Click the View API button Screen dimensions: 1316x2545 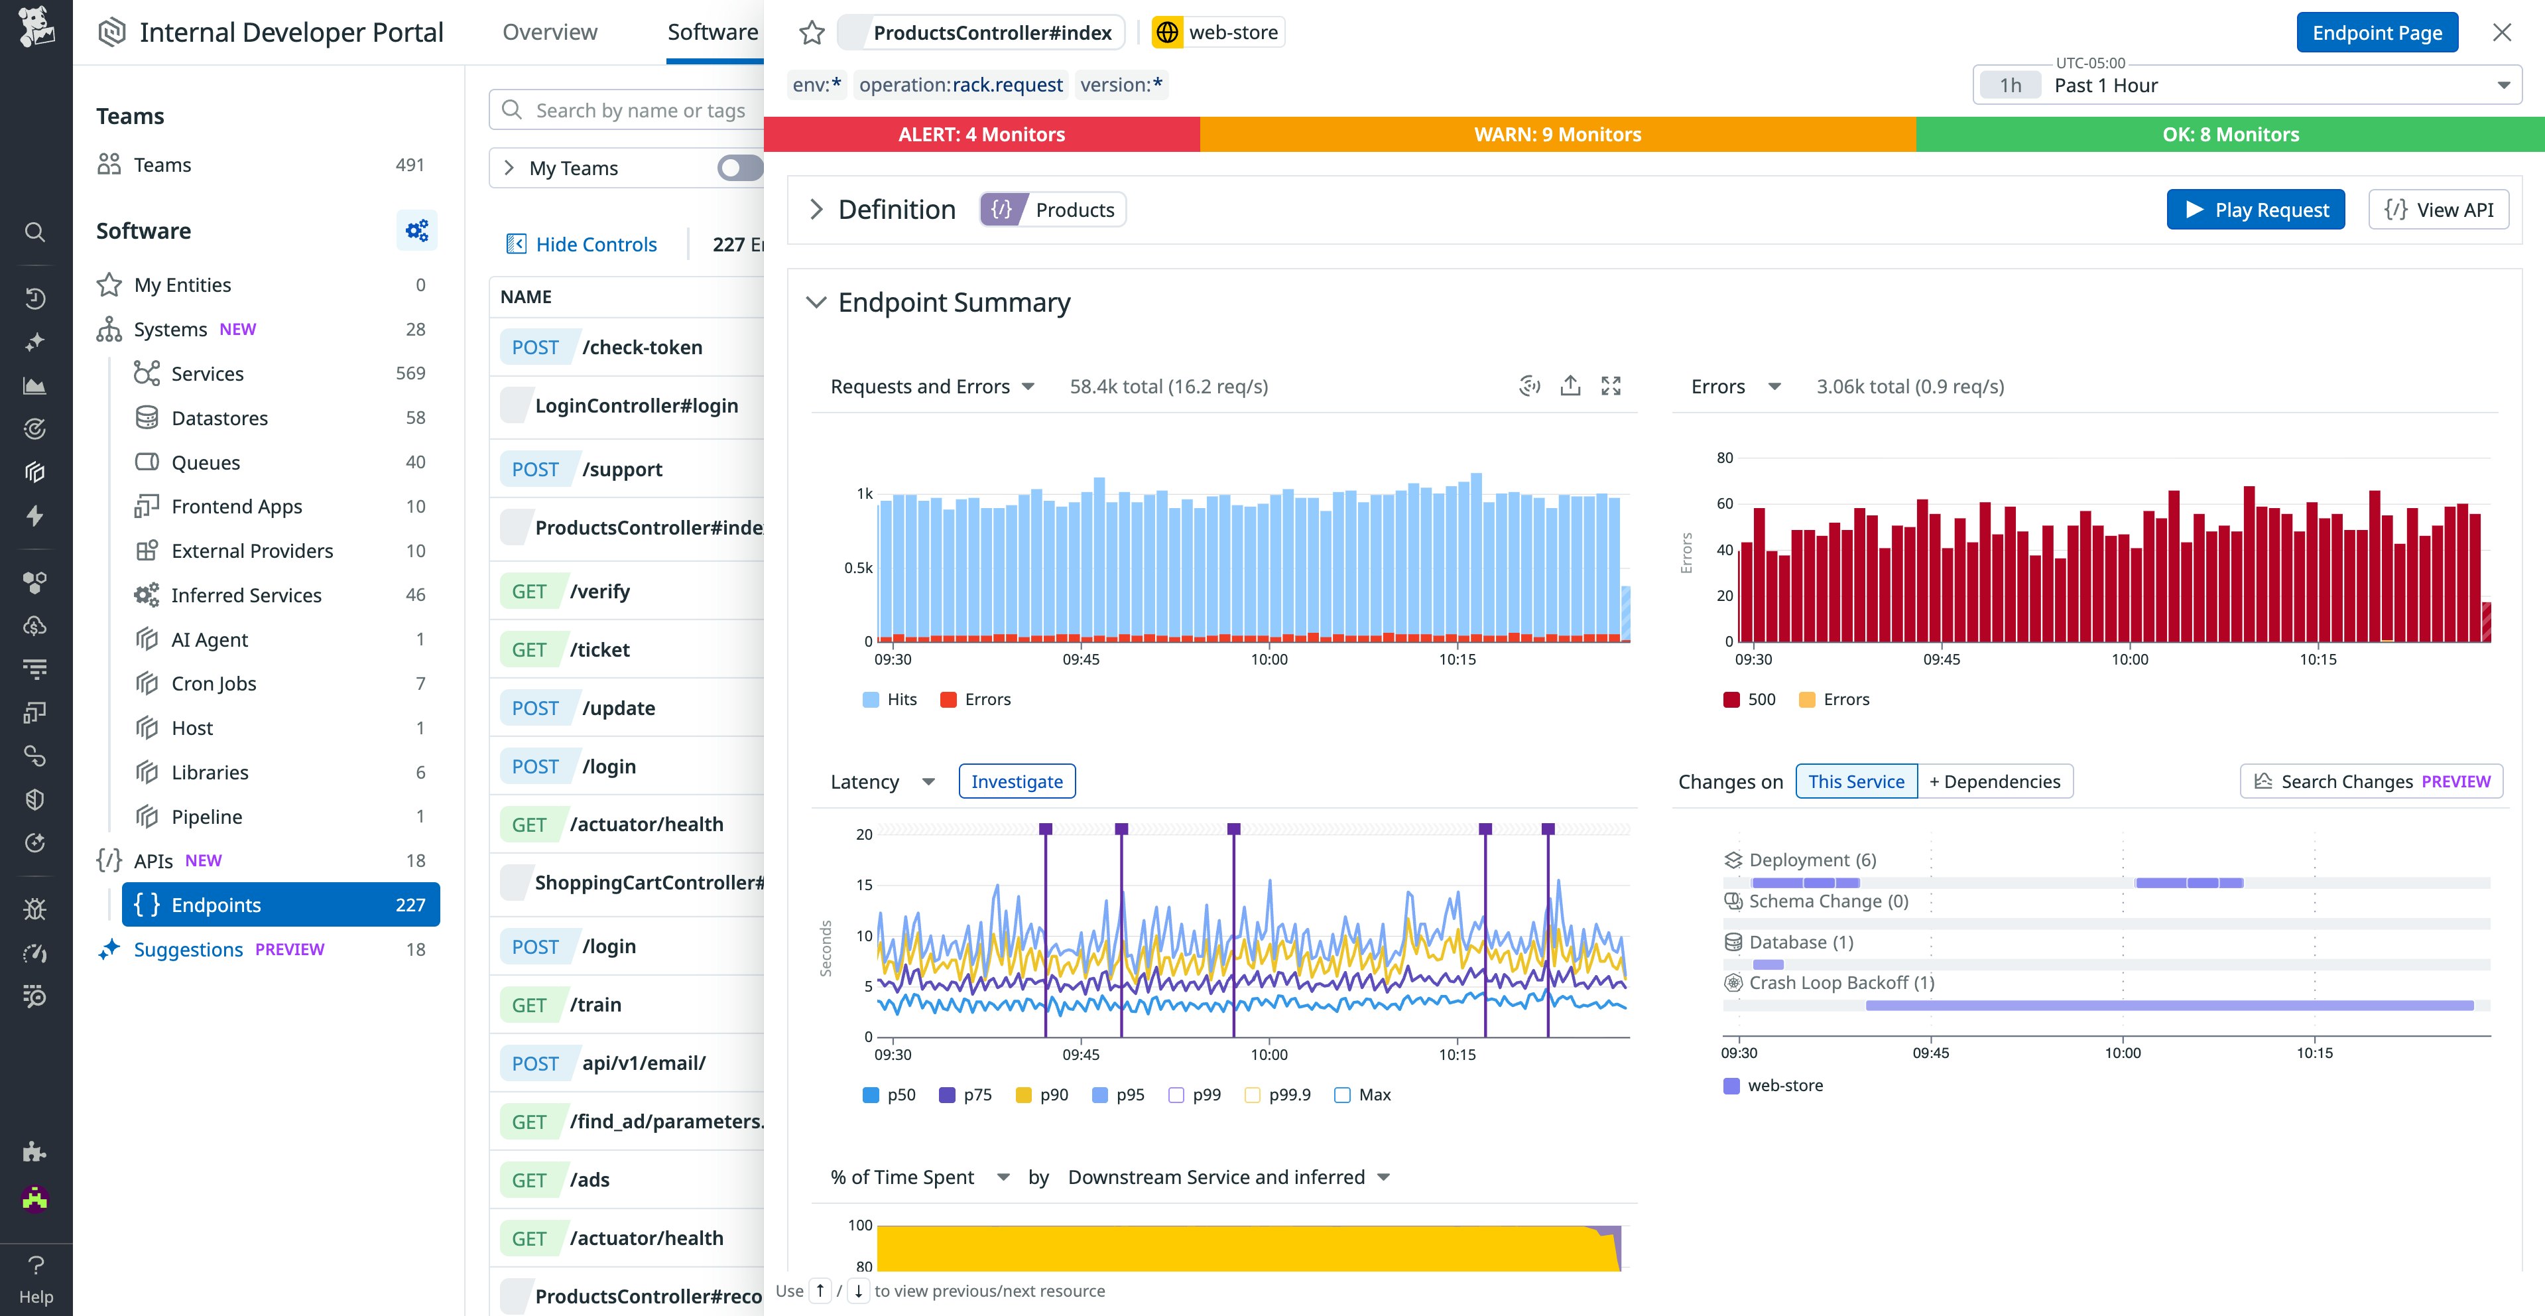point(2438,210)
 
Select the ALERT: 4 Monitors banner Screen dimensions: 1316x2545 point(981,135)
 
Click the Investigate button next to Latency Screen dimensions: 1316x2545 point(1016,781)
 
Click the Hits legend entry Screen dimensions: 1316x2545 point(889,700)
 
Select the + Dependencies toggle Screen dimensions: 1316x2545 point(1994,781)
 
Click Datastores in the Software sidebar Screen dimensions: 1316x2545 point(219,418)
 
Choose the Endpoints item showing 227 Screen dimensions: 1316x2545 point(280,905)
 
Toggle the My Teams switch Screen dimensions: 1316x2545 point(739,168)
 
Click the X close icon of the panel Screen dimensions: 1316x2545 point(2501,33)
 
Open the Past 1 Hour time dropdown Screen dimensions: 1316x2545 point(2246,86)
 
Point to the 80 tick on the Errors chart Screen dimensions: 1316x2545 point(1724,458)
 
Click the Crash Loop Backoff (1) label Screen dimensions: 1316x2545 point(1841,983)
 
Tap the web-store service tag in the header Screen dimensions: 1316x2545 point(1218,33)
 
